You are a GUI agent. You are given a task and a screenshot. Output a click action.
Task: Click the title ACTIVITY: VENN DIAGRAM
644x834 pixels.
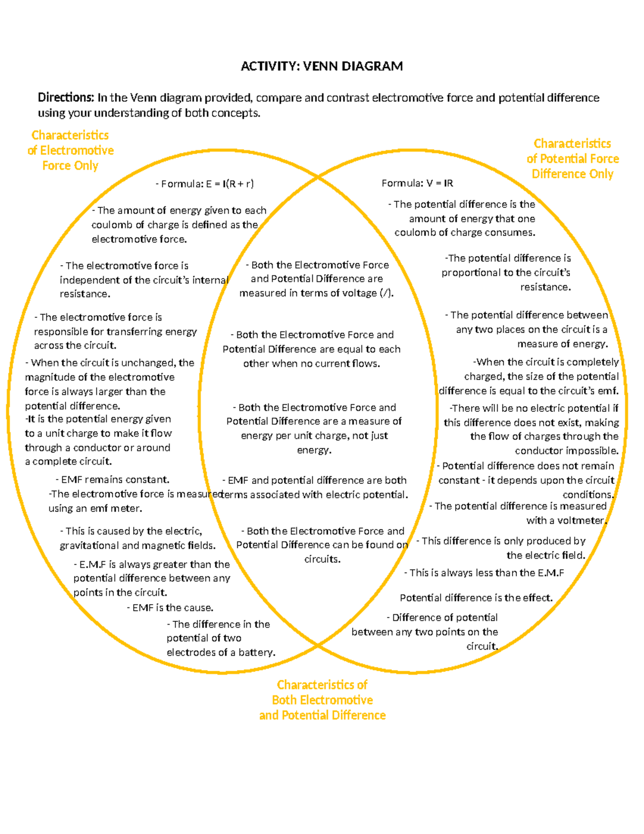pyautogui.click(x=321, y=66)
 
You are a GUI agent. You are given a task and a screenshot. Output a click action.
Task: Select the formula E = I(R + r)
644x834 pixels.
pyautogui.click(x=205, y=184)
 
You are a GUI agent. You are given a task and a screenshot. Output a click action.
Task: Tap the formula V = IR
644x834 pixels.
pyautogui.click(x=417, y=183)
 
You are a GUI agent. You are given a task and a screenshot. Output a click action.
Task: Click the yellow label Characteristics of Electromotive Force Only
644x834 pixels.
pyautogui.click(x=70, y=150)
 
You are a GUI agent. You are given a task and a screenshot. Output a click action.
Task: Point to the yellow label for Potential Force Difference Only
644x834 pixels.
pyautogui.click(x=572, y=158)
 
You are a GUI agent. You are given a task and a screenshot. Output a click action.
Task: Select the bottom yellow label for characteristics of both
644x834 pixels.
pyautogui.click(x=322, y=700)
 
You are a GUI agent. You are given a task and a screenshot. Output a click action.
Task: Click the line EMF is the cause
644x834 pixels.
pyautogui.click(x=170, y=608)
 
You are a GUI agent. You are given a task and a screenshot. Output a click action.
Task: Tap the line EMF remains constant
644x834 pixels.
pyautogui.click(x=113, y=480)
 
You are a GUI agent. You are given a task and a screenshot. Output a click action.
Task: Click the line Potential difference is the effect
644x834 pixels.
pyautogui.click(x=476, y=598)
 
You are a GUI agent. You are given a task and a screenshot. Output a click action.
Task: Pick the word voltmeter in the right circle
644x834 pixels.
pyautogui.click(x=582, y=520)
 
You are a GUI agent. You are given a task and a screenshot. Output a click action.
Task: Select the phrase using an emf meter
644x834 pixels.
pyautogui.click(x=95, y=508)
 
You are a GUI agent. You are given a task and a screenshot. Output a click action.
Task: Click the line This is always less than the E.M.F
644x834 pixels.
pyautogui.click(x=484, y=573)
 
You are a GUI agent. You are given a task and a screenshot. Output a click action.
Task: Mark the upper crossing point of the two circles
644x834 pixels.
pyautogui.click(x=318, y=176)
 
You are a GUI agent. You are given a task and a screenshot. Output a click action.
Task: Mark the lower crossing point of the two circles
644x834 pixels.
pyautogui.click(x=318, y=644)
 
